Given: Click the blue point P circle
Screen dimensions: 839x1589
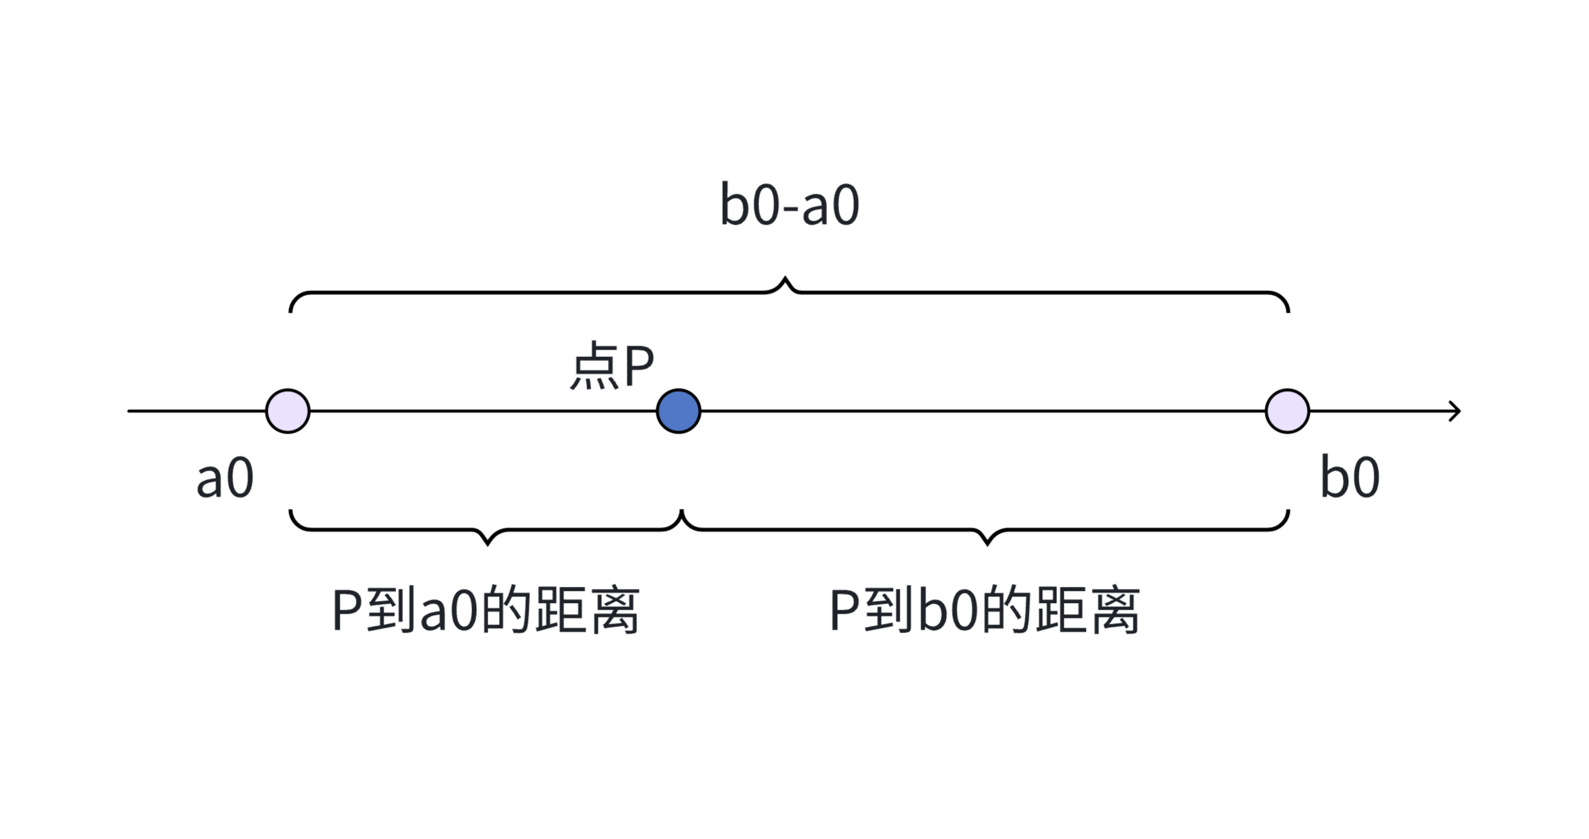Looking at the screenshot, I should click(679, 411).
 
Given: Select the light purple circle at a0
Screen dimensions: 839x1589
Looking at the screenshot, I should click(288, 411).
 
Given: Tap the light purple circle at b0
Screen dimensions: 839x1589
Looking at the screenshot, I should click(1287, 411).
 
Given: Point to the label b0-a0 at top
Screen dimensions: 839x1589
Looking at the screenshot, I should click(789, 205).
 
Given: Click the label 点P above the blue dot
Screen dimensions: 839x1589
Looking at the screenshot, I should click(612, 366).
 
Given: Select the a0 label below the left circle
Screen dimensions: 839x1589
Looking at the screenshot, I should click(225, 478).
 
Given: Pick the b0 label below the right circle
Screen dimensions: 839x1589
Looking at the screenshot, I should click(1350, 478).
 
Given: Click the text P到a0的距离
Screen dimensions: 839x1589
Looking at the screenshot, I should click(486, 610).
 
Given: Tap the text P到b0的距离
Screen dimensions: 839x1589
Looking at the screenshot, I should click(985, 610).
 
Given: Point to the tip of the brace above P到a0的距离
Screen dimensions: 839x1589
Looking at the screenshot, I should click(488, 543).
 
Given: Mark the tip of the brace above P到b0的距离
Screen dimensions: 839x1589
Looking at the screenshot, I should click(986, 543).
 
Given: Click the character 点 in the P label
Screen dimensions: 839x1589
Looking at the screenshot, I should click(594, 366).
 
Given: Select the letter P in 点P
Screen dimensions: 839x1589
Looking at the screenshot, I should click(639, 366).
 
